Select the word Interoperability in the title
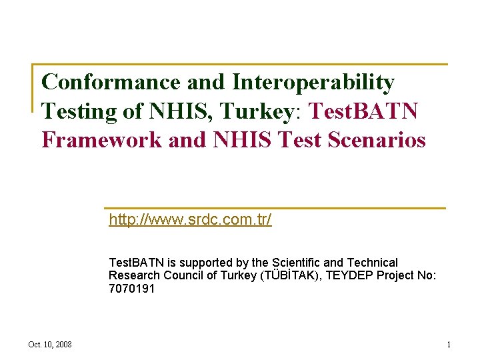pyautogui.click(x=313, y=83)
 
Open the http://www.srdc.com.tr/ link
pyautogui.click(x=190, y=220)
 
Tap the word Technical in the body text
pyautogui.click(x=370, y=263)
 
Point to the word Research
pyautogui.click(x=134, y=275)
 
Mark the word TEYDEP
pyautogui.click(x=343, y=275)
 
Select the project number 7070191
pyautogui.click(x=131, y=288)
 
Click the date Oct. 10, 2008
pyautogui.click(x=50, y=345)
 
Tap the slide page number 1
pyautogui.click(x=449, y=345)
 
